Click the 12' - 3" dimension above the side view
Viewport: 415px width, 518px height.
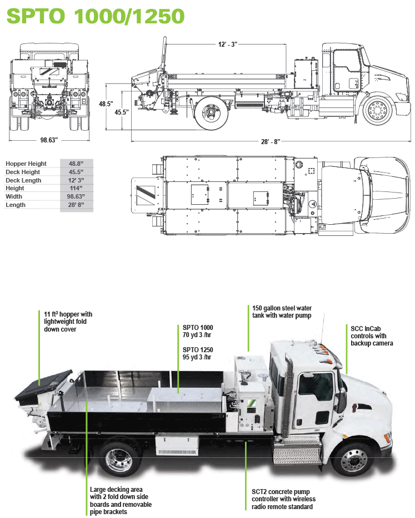coord(228,43)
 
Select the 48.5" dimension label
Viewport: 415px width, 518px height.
coord(106,103)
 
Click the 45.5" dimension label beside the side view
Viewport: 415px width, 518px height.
coord(122,112)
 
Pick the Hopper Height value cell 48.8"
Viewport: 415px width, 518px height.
coord(76,164)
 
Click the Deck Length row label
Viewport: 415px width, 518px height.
coord(23,180)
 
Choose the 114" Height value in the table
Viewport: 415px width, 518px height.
coord(76,189)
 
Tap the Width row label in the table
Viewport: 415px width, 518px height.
coord(14,197)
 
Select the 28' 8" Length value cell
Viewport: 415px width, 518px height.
coord(76,205)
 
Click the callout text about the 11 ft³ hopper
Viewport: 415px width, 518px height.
coord(68,322)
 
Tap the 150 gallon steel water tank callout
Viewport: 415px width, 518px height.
coord(281,312)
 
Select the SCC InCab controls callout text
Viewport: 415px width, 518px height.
coord(372,336)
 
